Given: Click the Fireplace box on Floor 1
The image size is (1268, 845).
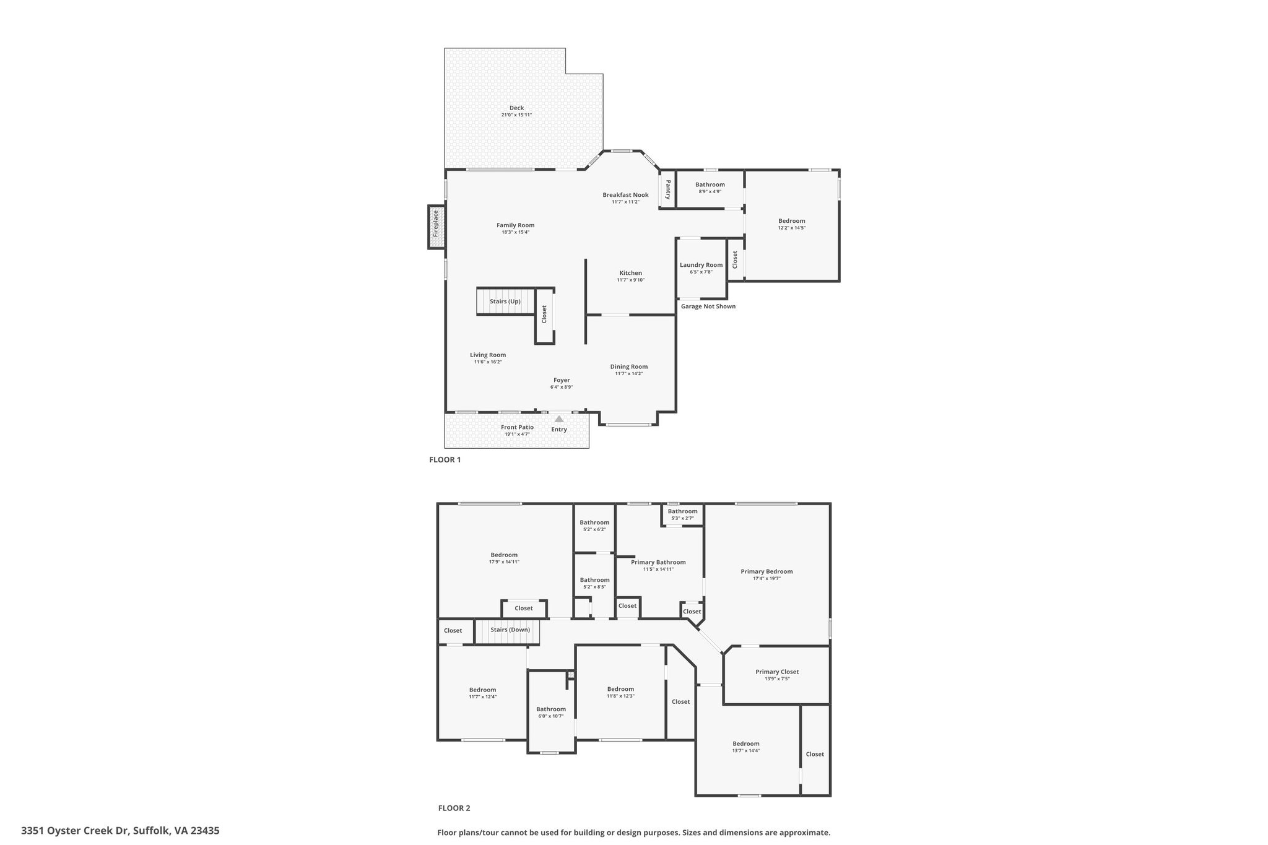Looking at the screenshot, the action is coord(436,227).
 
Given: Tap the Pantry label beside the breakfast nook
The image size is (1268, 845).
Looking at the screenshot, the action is coord(668,189).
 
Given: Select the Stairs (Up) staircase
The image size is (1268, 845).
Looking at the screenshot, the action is coord(506,301).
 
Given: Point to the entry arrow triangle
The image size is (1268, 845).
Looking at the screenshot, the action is coord(559,419).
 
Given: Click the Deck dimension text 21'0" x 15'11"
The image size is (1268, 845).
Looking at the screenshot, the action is coord(516,115).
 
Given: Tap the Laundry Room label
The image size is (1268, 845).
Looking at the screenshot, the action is coord(701,265).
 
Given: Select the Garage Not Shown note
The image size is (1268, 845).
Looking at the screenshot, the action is coord(708,306).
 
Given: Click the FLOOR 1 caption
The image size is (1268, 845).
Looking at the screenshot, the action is coord(445,460).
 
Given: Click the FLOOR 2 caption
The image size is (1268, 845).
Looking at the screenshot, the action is coord(454,808).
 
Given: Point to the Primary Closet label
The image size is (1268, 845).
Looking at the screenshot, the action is coord(777,672).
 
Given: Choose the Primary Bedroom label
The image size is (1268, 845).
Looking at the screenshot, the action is coord(766,571).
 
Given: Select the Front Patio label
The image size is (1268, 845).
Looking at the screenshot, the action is coord(517,427).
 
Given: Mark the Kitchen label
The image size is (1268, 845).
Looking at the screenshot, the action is coord(631,273).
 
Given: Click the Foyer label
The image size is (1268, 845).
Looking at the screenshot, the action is coord(562,380).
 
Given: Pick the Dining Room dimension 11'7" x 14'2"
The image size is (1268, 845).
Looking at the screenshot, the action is coord(629,373).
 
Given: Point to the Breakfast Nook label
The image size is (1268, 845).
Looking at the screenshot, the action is coord(626,195).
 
